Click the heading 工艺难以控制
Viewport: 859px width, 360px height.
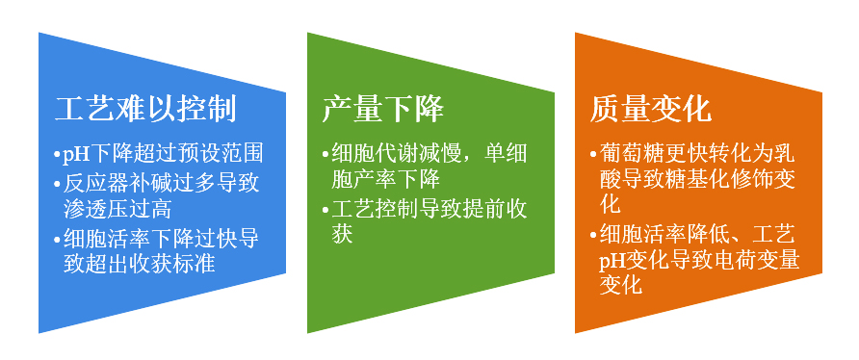click(x=145, y=109)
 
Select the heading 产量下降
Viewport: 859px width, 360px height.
click(x=382, y=109)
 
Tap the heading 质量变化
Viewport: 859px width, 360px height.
click(x=651, y=109)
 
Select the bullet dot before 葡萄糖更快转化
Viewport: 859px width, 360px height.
click(x=592, y=154)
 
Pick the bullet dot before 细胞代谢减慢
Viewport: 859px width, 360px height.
click(x=325, y=154)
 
